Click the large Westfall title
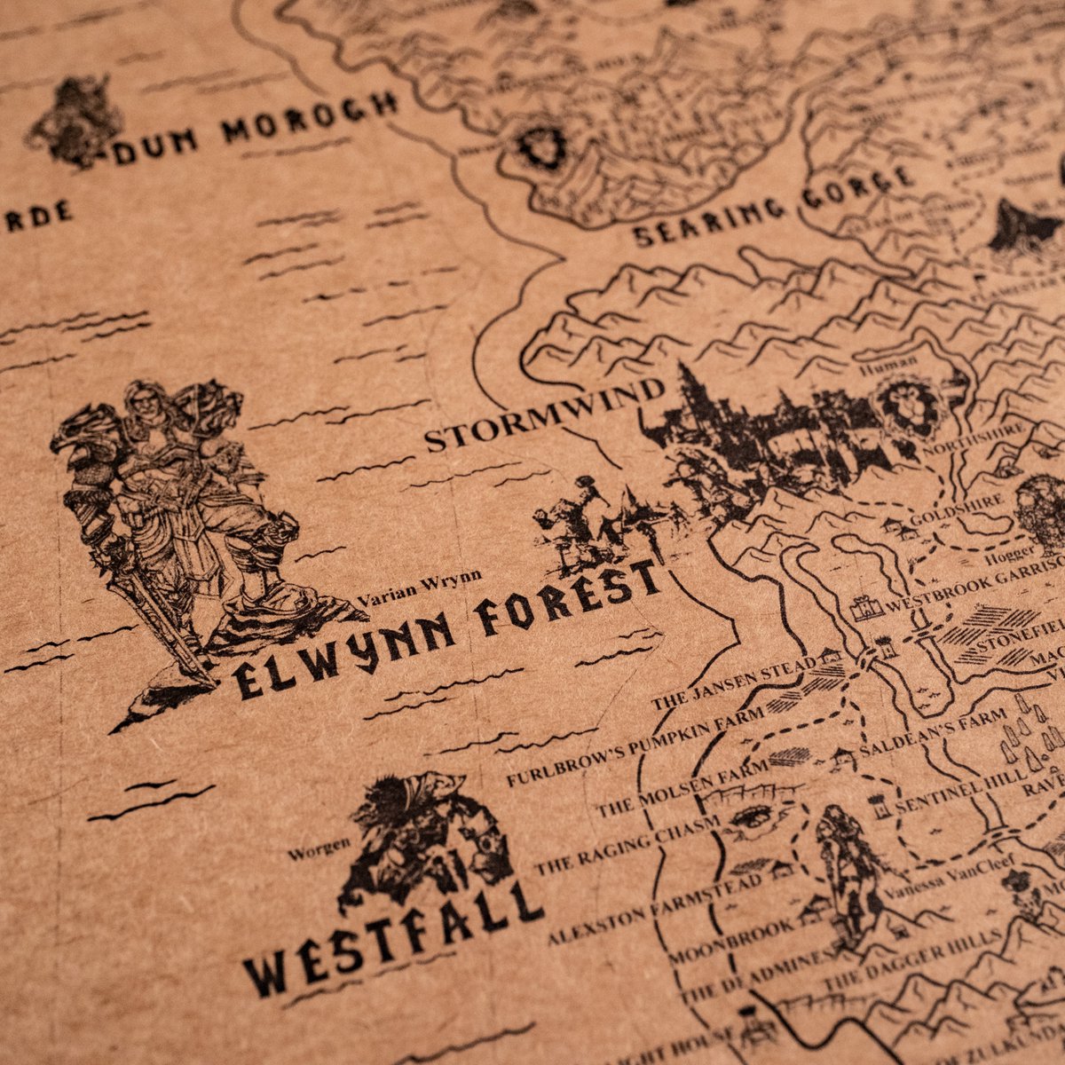point(390,941)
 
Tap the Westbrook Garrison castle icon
point(866,609)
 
